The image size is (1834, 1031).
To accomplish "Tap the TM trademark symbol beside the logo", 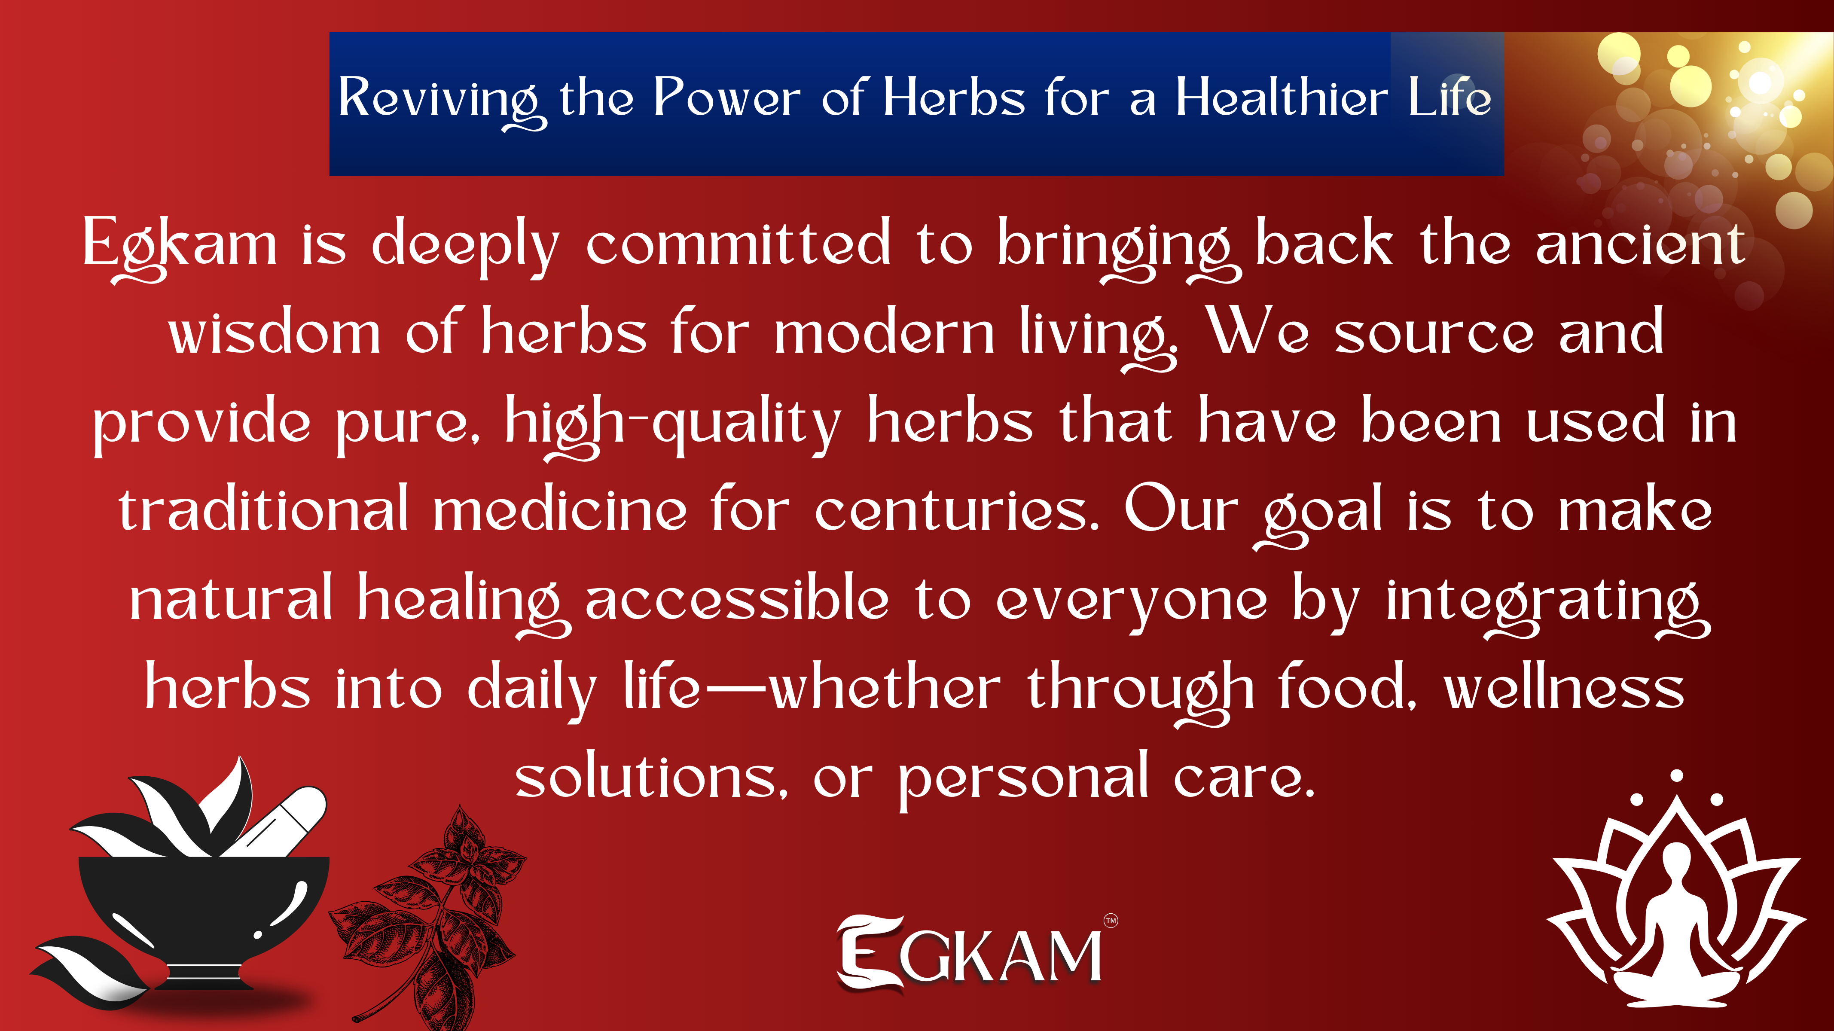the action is [1111, 921].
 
